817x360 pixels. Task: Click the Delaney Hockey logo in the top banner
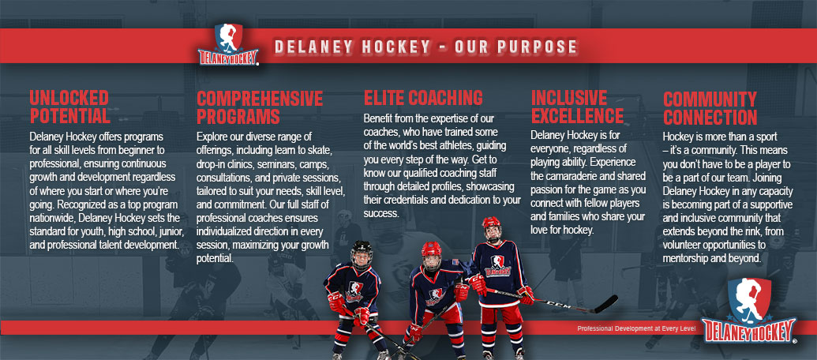click(x=228, y=44)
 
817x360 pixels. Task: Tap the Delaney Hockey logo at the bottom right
click(x=749, y=311)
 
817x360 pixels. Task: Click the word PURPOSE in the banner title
click(x=537, y=47)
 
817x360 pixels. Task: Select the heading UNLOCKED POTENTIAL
click(x=69, y=107)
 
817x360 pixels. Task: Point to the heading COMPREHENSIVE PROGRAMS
click(x=260, y=107)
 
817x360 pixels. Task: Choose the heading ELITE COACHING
click(x=423, y=98)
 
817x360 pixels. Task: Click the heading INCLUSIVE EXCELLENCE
click(x=577, y=107)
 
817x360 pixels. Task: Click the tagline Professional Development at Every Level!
click(x=636, y=328)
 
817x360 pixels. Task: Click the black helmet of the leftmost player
click(x=361, y=252)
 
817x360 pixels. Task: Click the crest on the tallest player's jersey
click(x=497, y=264)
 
